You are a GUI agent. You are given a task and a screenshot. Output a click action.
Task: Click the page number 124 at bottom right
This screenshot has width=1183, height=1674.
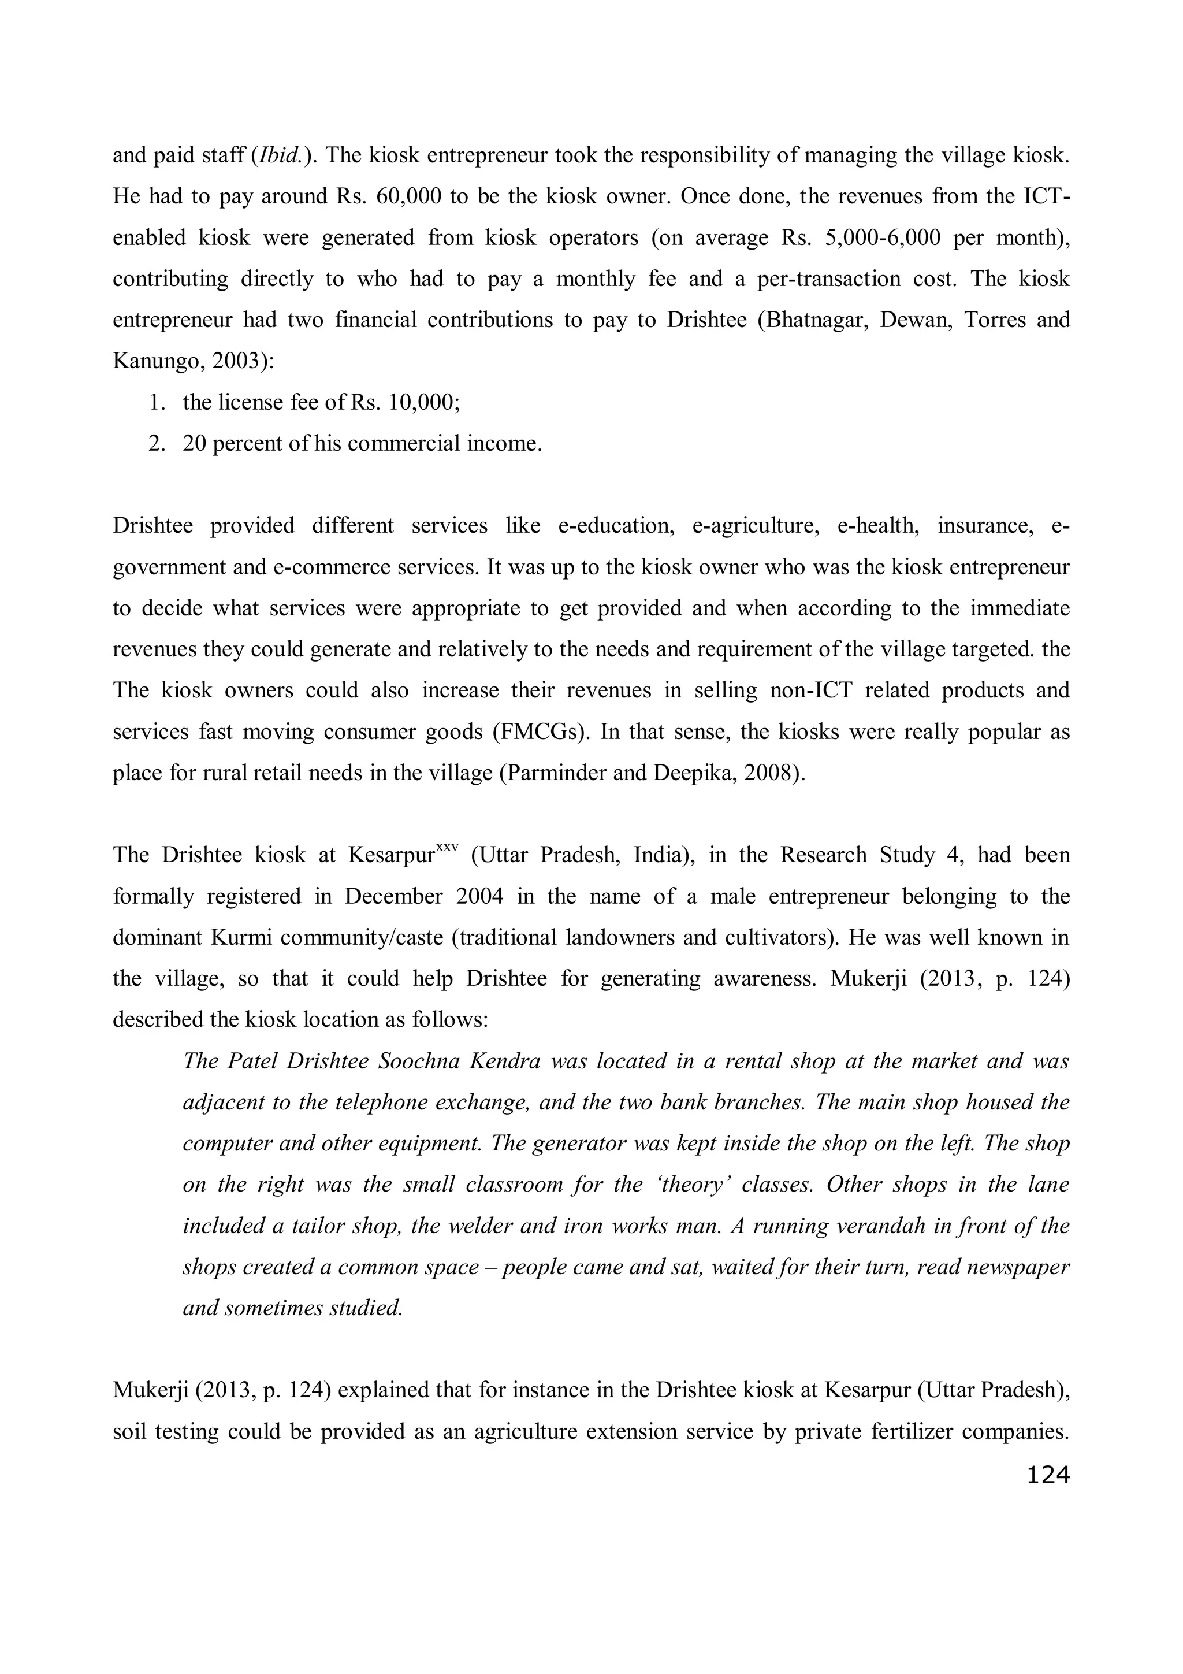(x=1047, y=1475)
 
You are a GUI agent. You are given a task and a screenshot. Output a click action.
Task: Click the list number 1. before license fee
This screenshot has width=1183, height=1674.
(x=158, y=402)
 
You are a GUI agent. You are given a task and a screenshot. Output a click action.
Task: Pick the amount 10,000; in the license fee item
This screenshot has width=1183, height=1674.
(x=424, y=402)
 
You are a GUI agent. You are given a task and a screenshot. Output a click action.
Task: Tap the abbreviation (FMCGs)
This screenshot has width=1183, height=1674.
(x=541, y=732)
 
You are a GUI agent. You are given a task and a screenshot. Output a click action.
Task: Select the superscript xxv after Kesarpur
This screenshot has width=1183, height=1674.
(x=446, y=848)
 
